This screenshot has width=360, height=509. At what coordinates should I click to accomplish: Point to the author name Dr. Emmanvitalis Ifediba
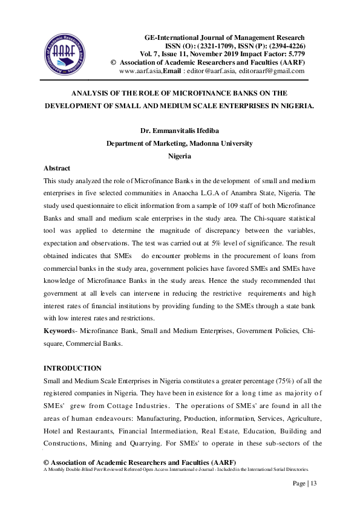pyautogui.click(x=179, y=131)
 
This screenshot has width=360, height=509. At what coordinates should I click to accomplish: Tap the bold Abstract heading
pyautogui.click(x=57, y=168)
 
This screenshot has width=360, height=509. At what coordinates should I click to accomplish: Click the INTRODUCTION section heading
pyautogui.click(x=73, y=368)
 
